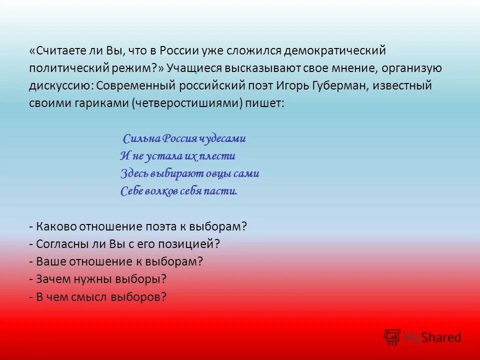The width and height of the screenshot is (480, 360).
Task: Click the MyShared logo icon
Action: coord(392,337)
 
